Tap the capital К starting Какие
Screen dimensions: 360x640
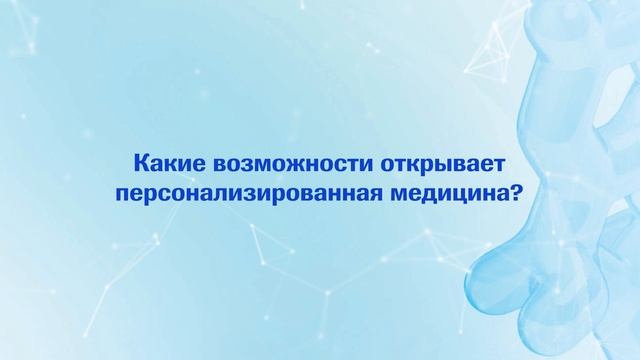pos(140,162)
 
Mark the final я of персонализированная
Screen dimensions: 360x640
pos(369,192)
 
